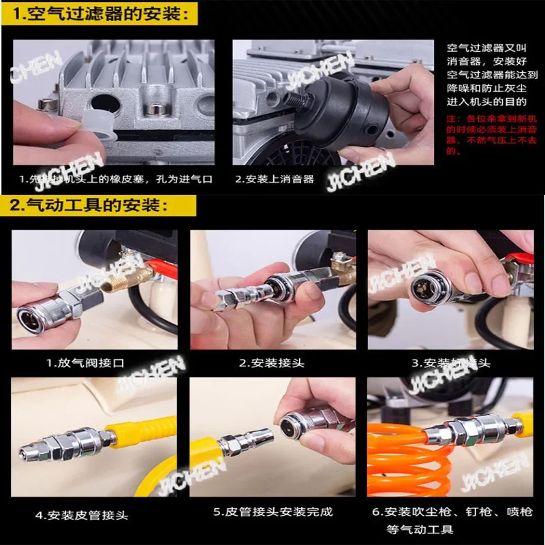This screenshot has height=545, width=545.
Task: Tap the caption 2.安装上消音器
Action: [x=275, y=179]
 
